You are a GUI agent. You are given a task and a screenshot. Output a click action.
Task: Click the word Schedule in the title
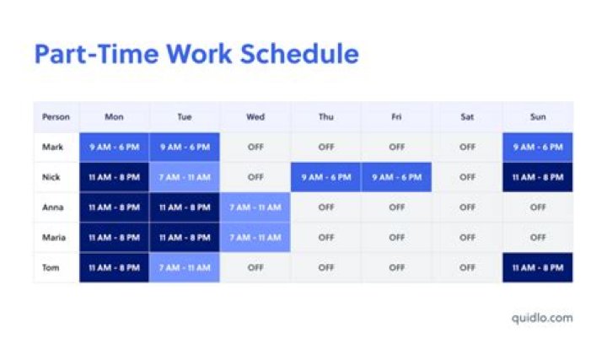pos(299,54)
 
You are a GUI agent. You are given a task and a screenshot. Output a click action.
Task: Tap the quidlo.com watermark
pos(541,318)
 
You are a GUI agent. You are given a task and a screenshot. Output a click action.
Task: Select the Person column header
pos(56,116)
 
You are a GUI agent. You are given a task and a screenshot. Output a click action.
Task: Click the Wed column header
pos(255,116)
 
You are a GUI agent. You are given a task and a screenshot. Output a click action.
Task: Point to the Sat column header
pos(467,116)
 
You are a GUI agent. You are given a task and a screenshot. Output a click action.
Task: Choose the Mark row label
pos(52,147)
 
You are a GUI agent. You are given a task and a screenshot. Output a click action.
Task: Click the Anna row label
pos(52,207)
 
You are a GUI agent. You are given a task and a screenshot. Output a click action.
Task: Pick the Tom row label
pos(51,268)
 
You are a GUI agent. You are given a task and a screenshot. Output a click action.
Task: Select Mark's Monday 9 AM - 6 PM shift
pos(114,147)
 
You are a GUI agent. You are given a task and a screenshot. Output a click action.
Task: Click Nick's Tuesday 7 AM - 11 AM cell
pos(185,177)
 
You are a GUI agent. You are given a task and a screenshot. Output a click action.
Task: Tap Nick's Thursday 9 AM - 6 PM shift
pos(325,177)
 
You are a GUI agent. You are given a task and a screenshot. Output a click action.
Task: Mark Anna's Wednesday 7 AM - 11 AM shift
pos(255,207)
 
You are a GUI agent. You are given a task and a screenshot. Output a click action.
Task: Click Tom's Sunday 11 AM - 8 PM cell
pos(538,268)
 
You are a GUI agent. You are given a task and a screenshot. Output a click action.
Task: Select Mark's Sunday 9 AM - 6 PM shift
pos(538,147)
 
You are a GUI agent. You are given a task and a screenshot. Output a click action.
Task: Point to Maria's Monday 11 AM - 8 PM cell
pos(114,238)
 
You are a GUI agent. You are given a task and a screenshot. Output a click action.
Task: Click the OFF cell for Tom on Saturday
pos(467,268)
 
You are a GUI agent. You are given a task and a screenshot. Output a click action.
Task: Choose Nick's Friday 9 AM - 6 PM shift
pos(396,177)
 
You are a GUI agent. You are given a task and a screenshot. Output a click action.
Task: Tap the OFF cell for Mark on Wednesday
pos(255,147)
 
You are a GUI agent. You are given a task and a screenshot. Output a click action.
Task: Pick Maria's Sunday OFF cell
pos(538,238)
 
